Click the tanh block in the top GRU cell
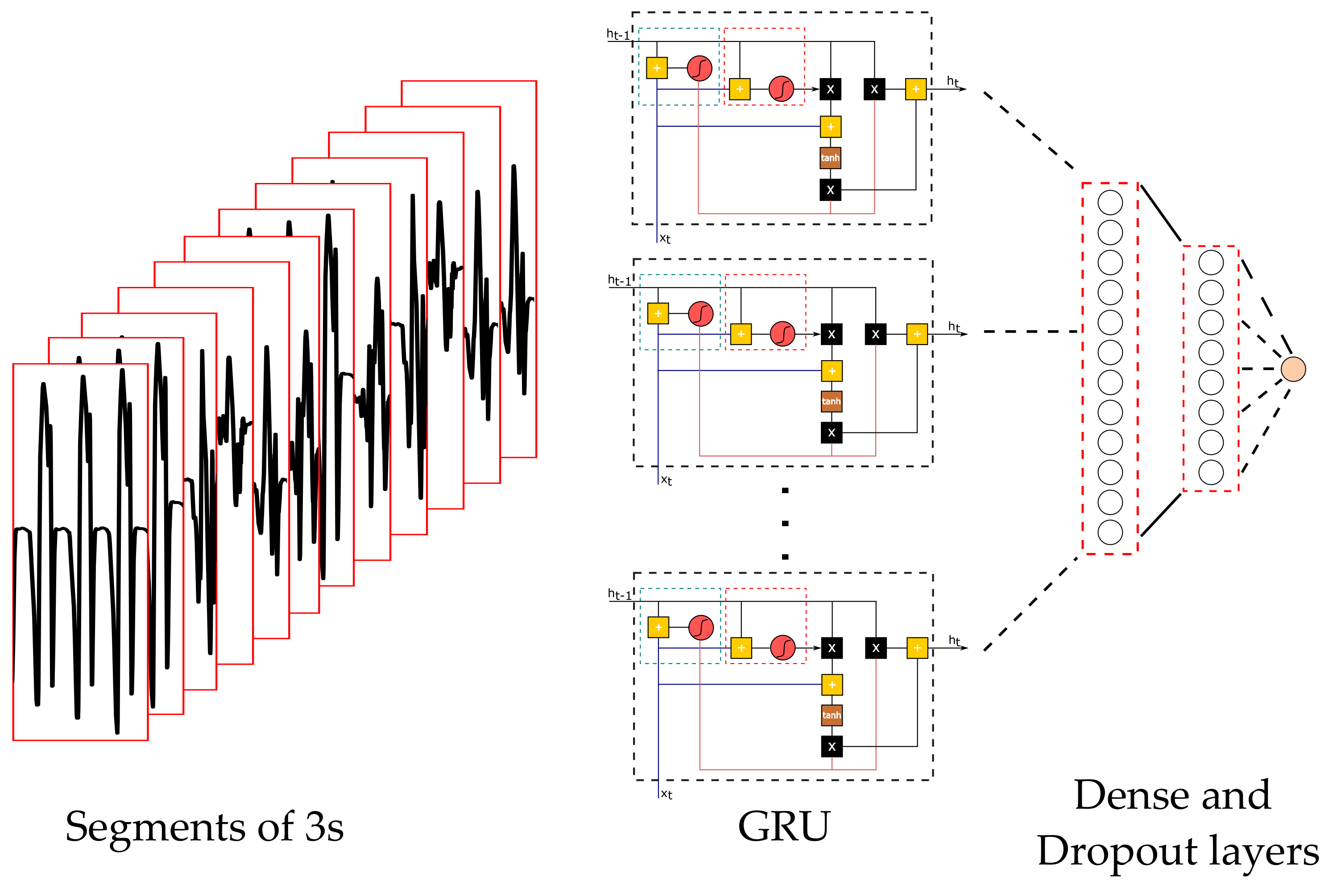(830, 158)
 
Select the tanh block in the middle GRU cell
(832, 401)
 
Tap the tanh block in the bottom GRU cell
(832, 715)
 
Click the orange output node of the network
(1293, 369)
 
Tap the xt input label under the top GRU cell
(665, 239)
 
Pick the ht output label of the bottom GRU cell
(954, 641)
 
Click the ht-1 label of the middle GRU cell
(619, 281)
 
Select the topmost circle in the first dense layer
(1110, 203)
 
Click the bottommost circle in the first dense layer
(1110, 532)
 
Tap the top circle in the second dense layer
(1211, 262)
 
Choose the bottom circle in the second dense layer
(1211, 472)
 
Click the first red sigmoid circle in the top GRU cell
(700, 68)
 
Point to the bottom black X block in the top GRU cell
(830, 190)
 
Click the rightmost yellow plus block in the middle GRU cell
(917, 334)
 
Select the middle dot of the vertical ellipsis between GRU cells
(785, 523)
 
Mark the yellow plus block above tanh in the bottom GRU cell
(832, 685)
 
